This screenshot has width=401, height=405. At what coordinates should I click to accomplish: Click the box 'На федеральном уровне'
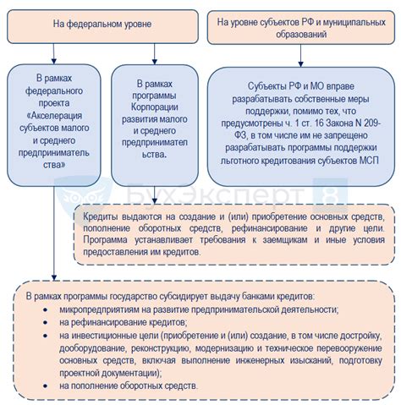click(x=105, y=26)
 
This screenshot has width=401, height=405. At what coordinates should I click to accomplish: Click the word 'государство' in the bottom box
click(x=129, y=297)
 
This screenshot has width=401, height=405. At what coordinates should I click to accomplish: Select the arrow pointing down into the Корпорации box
click(x=154, y=57)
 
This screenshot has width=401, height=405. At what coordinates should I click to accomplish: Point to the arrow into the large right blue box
click(x=299, y=57)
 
